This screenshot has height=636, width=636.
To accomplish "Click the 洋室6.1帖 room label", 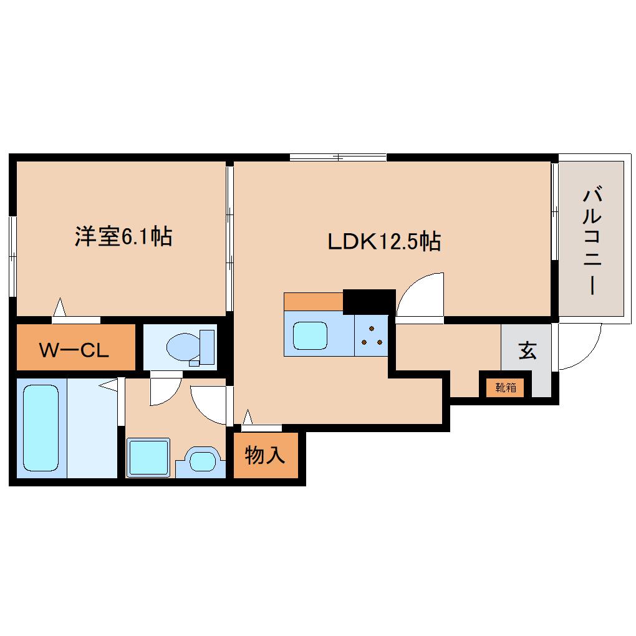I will pos(123,237).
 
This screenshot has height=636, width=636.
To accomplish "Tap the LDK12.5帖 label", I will pos(385,241).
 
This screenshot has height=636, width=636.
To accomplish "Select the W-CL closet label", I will pos(74,350).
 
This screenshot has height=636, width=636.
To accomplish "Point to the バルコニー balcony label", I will pos(592,241).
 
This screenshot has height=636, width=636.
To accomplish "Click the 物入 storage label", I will pos(265,456).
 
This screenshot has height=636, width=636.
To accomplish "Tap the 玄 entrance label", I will pos(528,351).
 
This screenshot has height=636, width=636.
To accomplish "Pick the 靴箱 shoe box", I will pos(506,387).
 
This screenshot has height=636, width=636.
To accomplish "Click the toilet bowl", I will pos(183,346).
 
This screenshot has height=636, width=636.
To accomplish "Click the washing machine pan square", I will pos(148,458).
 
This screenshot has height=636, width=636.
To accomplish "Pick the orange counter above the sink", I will pos(313,301).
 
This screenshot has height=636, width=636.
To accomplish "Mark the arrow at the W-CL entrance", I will pos(60,307).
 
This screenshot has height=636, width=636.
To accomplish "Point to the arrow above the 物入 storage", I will pos(248,416).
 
